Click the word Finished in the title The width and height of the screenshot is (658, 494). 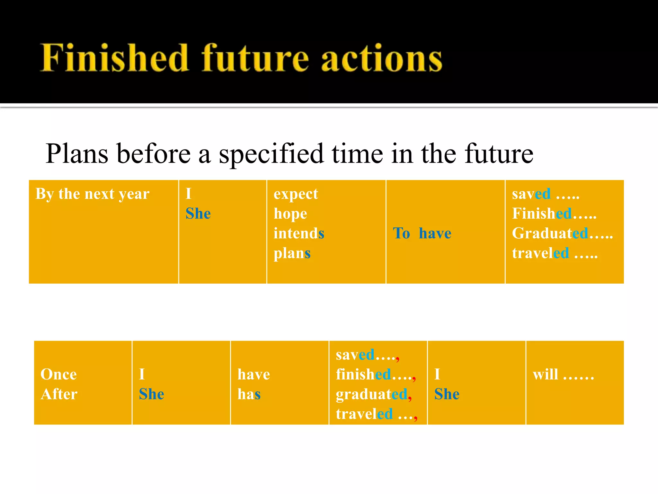[x=114, y=58]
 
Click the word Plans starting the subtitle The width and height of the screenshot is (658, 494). [x=77, y=154]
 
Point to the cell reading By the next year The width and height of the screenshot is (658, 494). [x=93, y=194]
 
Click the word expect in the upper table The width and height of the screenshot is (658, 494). [x=296, y=194]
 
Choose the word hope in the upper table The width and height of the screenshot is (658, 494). [x=290, y=214]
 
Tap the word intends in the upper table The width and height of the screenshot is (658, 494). [x=299, y=233]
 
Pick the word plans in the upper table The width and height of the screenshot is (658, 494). [x=292, y=253]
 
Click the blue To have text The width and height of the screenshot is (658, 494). [x=422, y=233]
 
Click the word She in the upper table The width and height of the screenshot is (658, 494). [x=198, y=214]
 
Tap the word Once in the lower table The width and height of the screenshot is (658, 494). [x=58, y=374]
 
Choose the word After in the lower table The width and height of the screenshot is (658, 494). [x=59, y=394]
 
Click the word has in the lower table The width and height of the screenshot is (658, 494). [x=249, y=394]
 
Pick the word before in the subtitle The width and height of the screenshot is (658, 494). [x=154, y=154]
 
